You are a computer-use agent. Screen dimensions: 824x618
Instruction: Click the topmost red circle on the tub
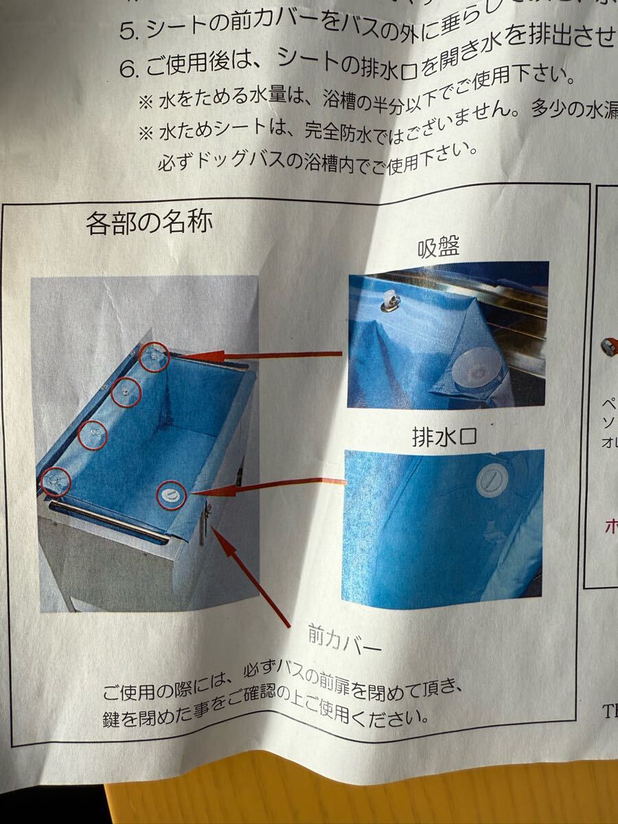(152, 356)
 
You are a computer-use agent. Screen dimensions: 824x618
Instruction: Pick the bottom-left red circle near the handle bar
(56, 481)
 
